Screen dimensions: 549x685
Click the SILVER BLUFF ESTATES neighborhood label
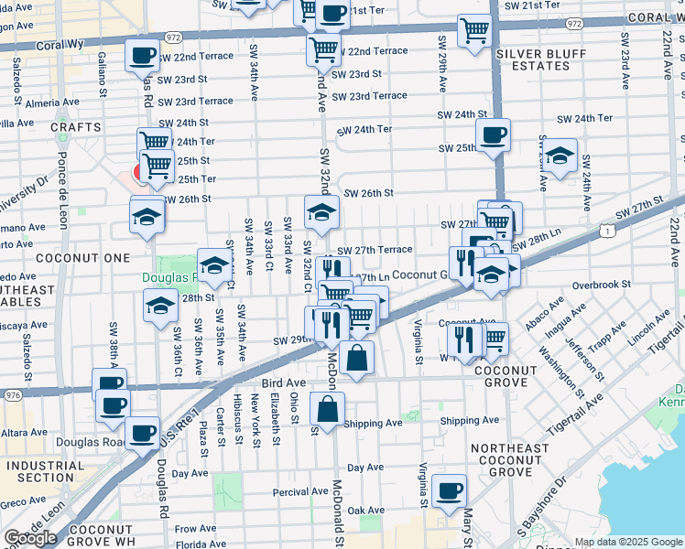[x=540, y=60]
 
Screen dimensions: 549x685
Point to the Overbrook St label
[x=602, y=285]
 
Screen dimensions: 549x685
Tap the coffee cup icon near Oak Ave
[x=449, y=491]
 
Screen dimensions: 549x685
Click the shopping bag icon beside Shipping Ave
[x=327, y=408]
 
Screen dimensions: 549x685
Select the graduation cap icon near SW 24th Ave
[x=560, y=156]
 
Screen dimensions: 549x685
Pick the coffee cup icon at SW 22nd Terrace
[x=142, y=55]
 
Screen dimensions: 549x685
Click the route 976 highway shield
[x=13, y=395]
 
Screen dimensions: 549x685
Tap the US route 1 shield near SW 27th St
[x=609, y=232]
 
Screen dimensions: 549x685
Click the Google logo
[x=30, y=538]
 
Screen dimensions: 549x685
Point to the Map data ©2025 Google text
[x=628, y=543]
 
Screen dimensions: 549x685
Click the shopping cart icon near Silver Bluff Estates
[x=474, y=30]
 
